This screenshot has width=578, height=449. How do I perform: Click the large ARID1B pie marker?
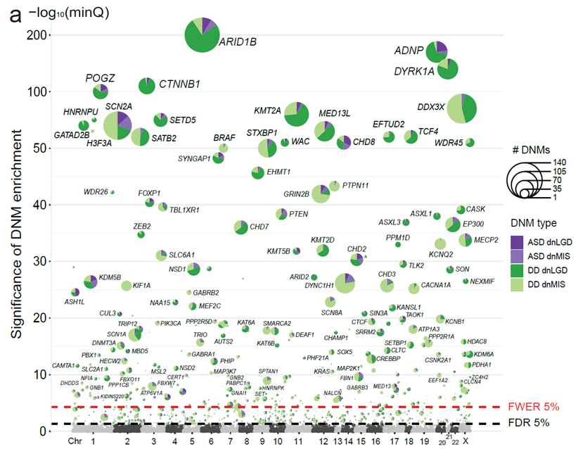coord(203,35)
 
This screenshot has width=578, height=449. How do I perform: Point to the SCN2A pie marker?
coord(117,126)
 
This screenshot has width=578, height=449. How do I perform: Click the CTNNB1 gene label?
coord(180,84)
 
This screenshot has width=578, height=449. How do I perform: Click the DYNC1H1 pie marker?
coord(345,284)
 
